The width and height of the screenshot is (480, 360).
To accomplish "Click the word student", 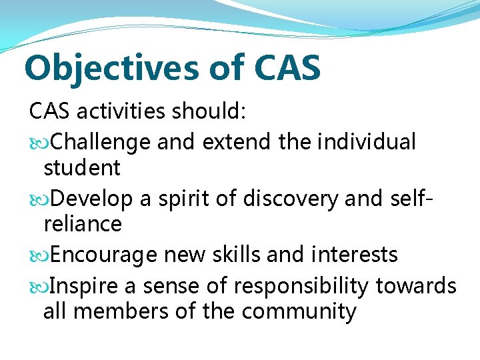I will pos(82,167).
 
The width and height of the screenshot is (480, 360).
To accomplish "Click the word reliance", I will pos(83,223).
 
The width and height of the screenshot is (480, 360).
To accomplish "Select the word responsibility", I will pos(301,286).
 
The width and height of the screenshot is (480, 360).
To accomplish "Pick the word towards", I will pos(416,286).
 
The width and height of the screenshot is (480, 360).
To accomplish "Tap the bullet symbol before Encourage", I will pos(38,255).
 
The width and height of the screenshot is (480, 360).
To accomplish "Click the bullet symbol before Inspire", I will pos(38,287).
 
